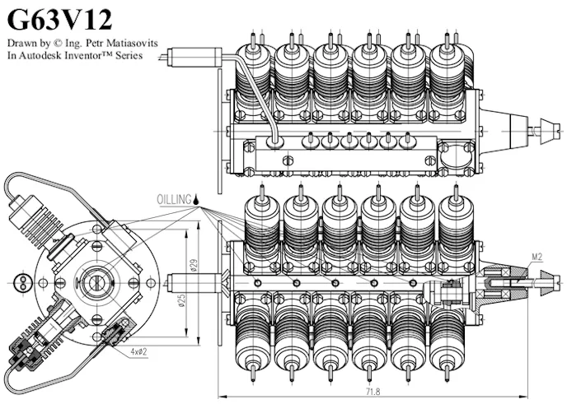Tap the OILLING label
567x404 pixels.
[x=174, y=199]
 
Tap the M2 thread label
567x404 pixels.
[x=536, y=257]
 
